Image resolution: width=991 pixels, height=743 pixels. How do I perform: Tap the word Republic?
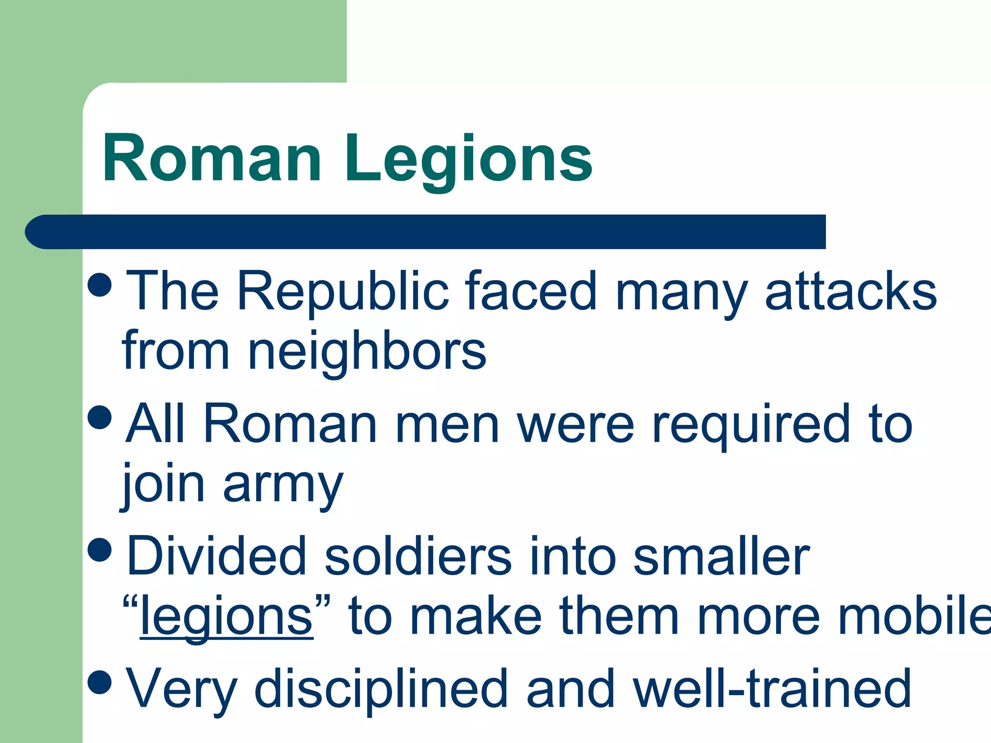click(x=343, y=292)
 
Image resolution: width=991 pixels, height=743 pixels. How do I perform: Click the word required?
click(x=750, y=424)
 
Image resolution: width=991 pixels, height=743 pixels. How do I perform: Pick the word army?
click(x=283, y=485)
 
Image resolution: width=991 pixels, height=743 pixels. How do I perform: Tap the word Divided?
click(x=217, y=556)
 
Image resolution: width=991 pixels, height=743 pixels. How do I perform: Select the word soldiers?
click(x=418, y=556)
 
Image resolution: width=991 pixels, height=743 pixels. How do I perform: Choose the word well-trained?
click(x=772, y=688)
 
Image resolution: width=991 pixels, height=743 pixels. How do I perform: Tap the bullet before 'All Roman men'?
click(x=101, y=416)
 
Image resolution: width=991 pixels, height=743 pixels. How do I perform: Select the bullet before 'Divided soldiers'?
click(x=101, y=549)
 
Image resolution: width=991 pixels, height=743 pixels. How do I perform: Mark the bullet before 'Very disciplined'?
click(x=101, y=681)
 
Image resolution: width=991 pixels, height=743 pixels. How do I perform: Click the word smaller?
click(x=721, y=556)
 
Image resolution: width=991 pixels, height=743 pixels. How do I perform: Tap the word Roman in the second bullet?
click(x=290, y=424)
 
